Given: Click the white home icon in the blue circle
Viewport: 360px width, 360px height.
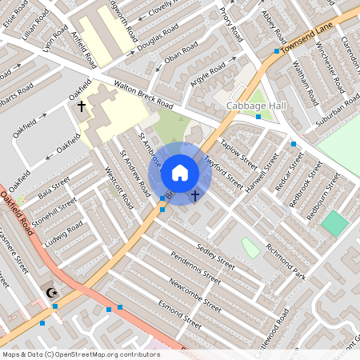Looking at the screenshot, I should click(x=180, y=173).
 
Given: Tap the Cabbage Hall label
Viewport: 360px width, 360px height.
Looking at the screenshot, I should click(x=251, y=106).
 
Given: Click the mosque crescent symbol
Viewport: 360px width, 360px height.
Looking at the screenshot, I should click(x=54, y=293).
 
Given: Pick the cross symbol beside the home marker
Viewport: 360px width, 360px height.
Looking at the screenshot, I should click(x=194, y=195).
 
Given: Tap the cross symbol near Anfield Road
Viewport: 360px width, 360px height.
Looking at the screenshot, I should click(x=81, y=106).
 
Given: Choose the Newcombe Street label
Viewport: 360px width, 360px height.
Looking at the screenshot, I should click(x=195, y=295).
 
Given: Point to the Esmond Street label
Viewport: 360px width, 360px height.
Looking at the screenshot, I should click(x=179, y=314).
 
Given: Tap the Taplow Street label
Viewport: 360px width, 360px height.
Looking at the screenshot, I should click(x=240, y=156).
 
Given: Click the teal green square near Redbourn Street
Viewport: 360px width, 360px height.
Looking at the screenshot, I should click(x=335, y=223).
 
